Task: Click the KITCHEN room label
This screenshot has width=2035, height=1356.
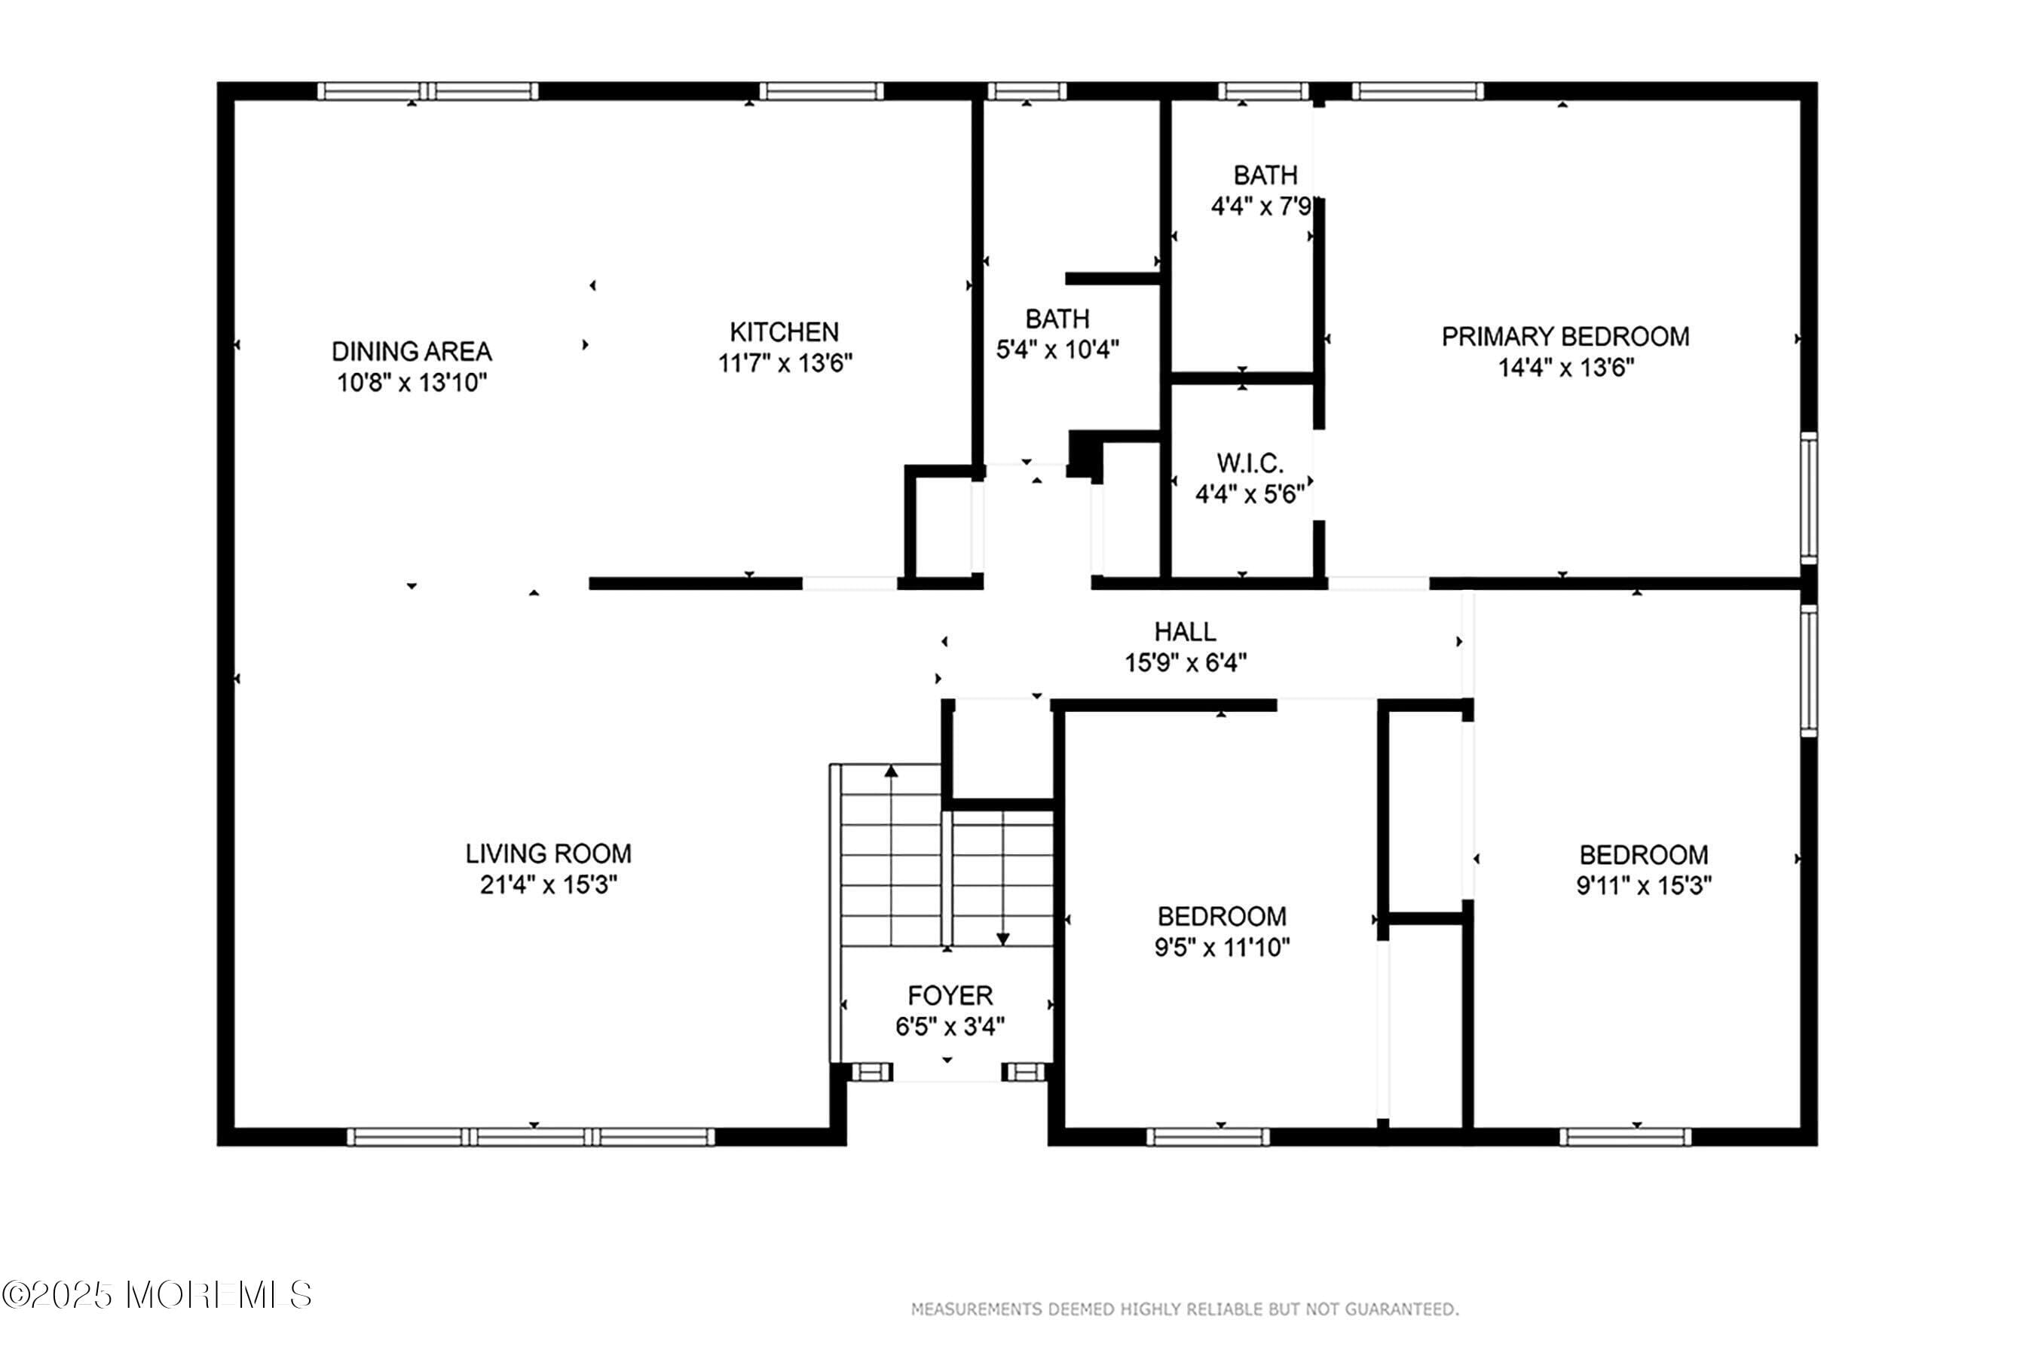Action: coord(784,332)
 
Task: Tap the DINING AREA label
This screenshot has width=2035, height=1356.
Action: coord(412,351)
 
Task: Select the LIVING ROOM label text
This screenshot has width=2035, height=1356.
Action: coord(549,854)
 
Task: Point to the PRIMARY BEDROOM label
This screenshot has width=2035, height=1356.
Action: coord(1565,337)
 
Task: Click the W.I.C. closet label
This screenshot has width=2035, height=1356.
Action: coord(1250,463)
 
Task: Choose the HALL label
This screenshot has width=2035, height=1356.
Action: coord(1186,631)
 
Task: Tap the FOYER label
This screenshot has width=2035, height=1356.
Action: coord(950,995)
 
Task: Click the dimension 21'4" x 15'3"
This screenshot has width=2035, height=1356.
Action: coord(549,884)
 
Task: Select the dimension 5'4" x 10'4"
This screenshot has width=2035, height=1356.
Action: coord(1057,350)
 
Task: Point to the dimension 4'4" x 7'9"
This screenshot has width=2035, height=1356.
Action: coord(1262,206)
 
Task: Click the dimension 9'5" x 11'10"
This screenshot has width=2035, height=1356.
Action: coord(1222,947)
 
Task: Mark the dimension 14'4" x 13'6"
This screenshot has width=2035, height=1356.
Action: coord(1566,368)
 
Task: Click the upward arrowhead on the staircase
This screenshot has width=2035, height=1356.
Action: coord(890,771)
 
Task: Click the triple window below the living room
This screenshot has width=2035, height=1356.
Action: coord(531,1136)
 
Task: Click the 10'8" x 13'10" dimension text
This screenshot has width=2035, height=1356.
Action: coord(412,382)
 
